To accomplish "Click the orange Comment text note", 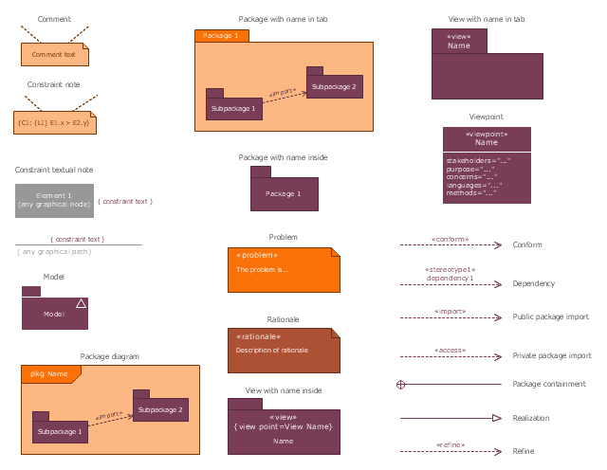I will click(x=54, y=55).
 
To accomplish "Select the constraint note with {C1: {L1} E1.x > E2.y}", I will click(x=54, y=122).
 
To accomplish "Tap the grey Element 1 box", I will click(x=54, y=200).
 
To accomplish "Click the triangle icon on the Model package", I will click(x=81, y=303).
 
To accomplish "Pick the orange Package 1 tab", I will click(x=221, y=36).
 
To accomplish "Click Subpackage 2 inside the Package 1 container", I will click(x=334, y=87).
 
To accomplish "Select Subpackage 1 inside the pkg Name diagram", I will click(x=60, y=431).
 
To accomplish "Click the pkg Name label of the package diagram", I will click(x=49, y=374).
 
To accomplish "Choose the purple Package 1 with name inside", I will click(x=284, y=193).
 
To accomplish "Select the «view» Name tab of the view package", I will click(x=459, y=41).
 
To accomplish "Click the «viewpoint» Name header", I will click(x=487, y=138).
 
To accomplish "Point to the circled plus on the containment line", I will click(x=400, y=384).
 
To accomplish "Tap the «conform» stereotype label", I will click(x=450, y=240).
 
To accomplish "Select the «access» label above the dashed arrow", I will click(x=450, y=350).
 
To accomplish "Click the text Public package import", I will click(x=550, y=317).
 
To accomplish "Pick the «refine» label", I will click(x=450, y=444).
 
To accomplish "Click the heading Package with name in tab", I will click(x=284, y=19).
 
